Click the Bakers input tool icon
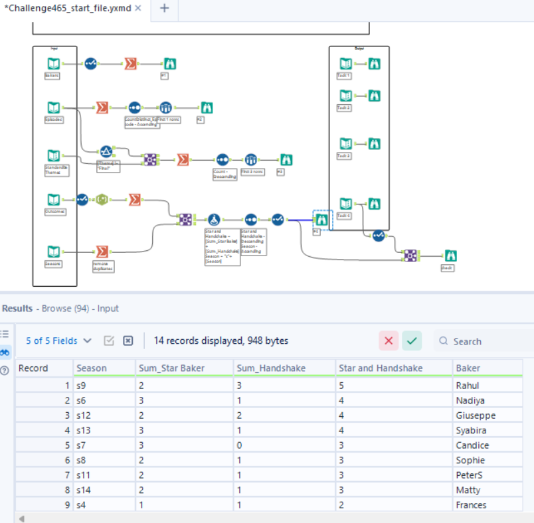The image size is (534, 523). (54, 64)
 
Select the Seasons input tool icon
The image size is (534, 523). (54, 252)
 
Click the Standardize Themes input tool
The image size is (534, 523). (54, 155)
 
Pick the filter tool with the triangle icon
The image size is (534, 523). (106, 151)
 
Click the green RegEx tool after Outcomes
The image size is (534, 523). (102, 199)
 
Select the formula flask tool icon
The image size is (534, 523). (213, 219)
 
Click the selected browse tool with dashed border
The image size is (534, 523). (321, 218)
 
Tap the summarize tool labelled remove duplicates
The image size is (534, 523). (102, 252)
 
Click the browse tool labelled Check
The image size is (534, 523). (450, 255)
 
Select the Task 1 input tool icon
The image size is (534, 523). (345, 64)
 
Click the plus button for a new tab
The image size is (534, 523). (165, 9)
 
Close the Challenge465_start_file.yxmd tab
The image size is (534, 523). (138, 9)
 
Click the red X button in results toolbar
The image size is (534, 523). (389, 341)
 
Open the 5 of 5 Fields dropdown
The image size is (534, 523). (59, 340)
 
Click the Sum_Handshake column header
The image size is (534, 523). (262, 368)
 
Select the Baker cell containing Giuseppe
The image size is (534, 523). (476, 415)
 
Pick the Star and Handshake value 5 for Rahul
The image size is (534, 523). (342, 385)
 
